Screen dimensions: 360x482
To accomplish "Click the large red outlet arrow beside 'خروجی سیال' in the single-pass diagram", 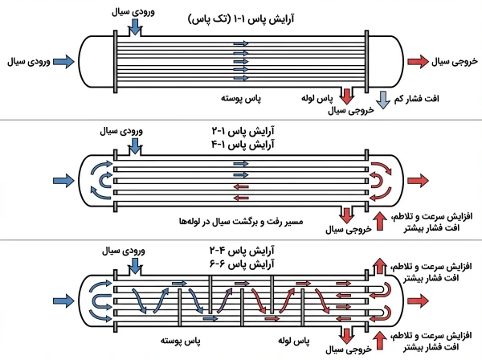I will tap(419, 61).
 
